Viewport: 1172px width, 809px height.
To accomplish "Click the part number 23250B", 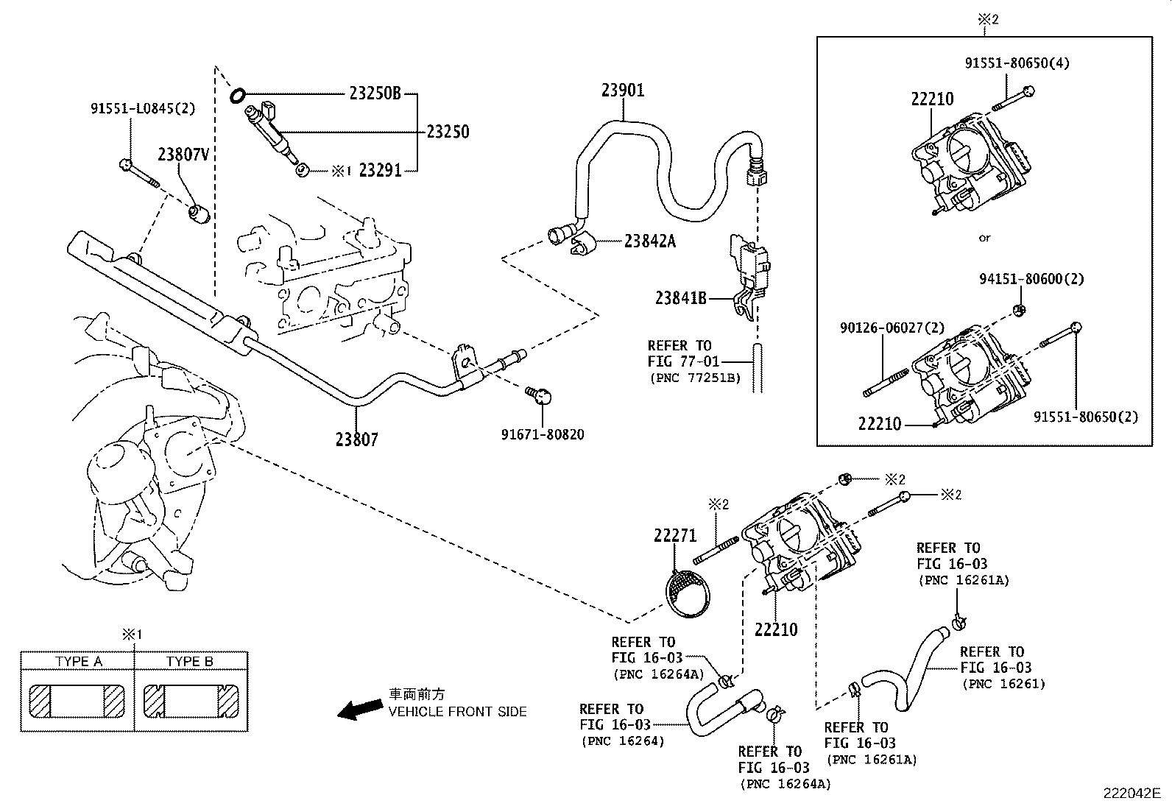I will pos(375,93).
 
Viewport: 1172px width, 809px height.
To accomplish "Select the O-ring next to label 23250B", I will pos(237,95).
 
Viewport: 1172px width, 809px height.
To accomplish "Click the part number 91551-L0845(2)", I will pos(143,108).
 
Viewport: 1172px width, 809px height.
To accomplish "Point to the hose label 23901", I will pos(622,91).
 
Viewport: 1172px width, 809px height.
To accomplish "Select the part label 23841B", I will pos(681,298).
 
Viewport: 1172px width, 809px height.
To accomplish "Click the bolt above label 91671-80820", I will pos(540,396).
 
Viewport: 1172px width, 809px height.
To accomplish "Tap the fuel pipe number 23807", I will pos(356,439).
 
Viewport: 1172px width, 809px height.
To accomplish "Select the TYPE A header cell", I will pos(79,661).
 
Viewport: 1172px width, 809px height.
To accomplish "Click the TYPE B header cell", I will pos(190,661).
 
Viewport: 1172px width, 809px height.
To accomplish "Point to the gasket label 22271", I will pos(674,536).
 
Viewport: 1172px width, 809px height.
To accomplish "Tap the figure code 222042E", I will pos(1131,794).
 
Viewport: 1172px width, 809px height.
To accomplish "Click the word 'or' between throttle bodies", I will pos(984,238).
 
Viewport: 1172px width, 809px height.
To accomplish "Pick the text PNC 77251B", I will pos(695,378).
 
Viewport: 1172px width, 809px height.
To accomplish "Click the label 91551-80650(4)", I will pos(1017,63).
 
